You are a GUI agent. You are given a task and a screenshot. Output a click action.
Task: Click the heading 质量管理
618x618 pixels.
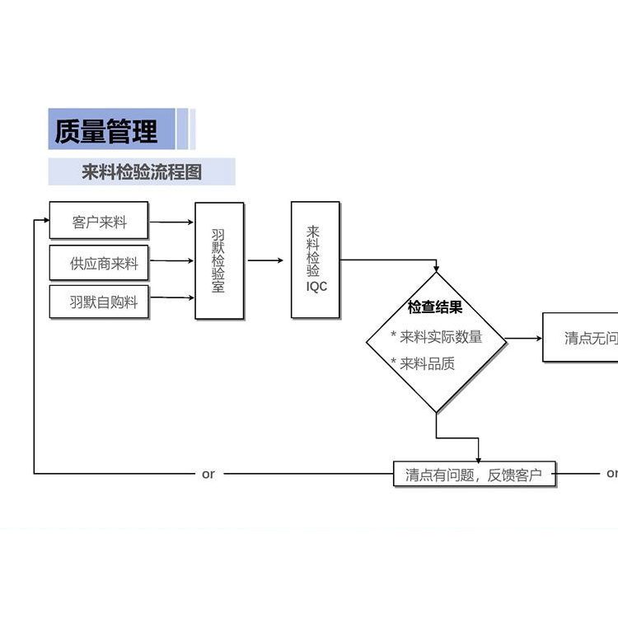(x=106, y=131)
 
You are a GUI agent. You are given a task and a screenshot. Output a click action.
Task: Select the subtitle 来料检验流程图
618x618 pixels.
(x=142, y=172)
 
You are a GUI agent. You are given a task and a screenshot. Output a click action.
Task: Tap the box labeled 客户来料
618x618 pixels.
(x=99, y=222)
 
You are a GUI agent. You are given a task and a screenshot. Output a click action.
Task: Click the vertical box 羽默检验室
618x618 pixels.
(x=219, y=261)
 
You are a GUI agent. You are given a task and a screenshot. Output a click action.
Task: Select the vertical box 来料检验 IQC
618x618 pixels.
(x=315, y=260)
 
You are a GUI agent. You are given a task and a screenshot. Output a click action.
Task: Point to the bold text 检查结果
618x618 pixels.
(x=435, y=307)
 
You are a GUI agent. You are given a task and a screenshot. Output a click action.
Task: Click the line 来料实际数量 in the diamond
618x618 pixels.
(x=437, y=336)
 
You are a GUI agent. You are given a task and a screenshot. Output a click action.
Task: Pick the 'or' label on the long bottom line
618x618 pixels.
(x=208, y=474)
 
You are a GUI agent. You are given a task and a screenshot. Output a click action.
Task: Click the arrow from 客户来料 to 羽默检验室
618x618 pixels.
(x=171, y=222)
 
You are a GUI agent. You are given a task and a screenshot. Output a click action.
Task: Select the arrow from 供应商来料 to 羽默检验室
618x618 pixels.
(x=171, y=262)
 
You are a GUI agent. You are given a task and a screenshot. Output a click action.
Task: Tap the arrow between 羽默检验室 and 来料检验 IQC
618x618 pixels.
(x=266, y=261)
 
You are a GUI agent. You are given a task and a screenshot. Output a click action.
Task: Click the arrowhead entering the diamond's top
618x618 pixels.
(x=436, y=269)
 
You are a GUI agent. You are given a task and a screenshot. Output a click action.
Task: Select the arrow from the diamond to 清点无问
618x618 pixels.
(x=523, y=338)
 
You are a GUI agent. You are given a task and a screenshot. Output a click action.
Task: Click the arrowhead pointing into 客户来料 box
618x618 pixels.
(x=44, y=221)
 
